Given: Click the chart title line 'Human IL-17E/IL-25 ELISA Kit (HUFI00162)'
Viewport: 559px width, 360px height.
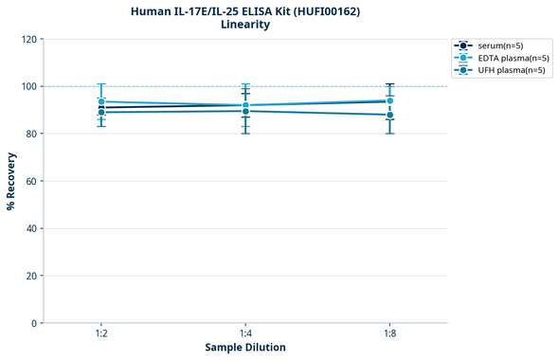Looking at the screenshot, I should (x=245, y=10).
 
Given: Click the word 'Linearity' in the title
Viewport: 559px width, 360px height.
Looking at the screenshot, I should (x=245, y=25).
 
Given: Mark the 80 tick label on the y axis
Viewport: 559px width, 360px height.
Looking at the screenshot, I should (x=30, y=134).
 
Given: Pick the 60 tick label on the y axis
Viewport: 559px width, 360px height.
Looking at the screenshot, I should (x=30, y=181).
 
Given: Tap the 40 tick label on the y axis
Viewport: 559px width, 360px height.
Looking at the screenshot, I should (x=30, y=228).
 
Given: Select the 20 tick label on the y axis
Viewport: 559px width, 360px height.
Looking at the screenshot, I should (x=30, y=276).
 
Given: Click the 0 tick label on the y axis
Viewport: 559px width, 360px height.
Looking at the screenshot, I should (x=33, y=323).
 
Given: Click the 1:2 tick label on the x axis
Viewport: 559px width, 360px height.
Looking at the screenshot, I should (x=101, y=334).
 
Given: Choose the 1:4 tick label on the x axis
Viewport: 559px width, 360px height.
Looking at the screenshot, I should (x=245, y=334).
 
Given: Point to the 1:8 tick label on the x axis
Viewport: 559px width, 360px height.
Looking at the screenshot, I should (x=389, y=334).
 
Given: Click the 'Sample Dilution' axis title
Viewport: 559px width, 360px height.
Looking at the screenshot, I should (x=245, y=348).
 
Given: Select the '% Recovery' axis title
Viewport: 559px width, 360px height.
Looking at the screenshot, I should (x=10, y=181).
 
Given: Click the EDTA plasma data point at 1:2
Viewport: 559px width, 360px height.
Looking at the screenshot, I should (x=101, y=101).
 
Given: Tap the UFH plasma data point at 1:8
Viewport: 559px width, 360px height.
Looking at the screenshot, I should (x=389, y=115).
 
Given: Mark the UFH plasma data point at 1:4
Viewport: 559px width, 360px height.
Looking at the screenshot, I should (x=245, y=111).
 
